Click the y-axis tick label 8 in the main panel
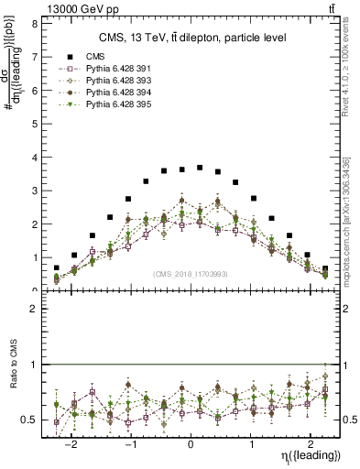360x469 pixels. [x=33, y=24]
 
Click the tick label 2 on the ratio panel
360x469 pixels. [x=33, y=310]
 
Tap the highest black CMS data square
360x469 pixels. [x=200, y=168]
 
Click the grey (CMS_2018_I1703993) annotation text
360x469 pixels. [x=191, y=274]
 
